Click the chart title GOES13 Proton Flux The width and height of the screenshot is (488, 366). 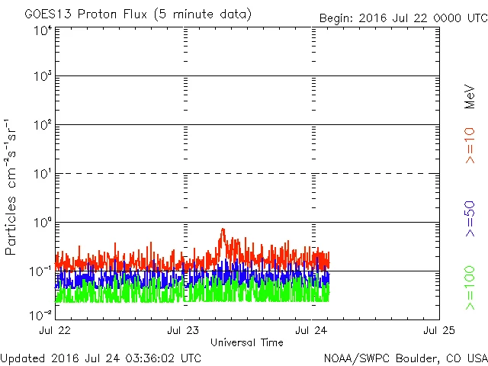(x=128, y=14)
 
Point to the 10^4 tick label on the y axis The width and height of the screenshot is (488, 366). (x=43, y=30)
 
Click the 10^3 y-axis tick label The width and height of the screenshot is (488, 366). (x=43, y=77)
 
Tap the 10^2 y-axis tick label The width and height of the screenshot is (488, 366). (x=43, y=126)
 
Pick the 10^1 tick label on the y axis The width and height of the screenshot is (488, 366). (x=43, y=175)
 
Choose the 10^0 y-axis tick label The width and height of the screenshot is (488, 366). (x=43, y=223)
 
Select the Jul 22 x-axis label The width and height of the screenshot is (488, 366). (x=57, y=331)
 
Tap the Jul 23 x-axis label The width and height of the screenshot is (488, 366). (x=185, y=331)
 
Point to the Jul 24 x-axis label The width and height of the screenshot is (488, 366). (x=313, y=331)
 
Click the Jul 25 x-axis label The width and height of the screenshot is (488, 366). (x=439, y=331)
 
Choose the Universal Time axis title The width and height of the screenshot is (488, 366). (x=247, y=342)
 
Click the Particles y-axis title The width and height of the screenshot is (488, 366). (x=12, y=187)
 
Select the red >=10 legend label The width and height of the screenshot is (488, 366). (x=470, y=146)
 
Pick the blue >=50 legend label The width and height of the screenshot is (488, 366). (x=470, y=217)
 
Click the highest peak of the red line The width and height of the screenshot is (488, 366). (x=223, y=229)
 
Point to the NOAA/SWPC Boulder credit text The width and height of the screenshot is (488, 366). (x=405, y=358)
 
